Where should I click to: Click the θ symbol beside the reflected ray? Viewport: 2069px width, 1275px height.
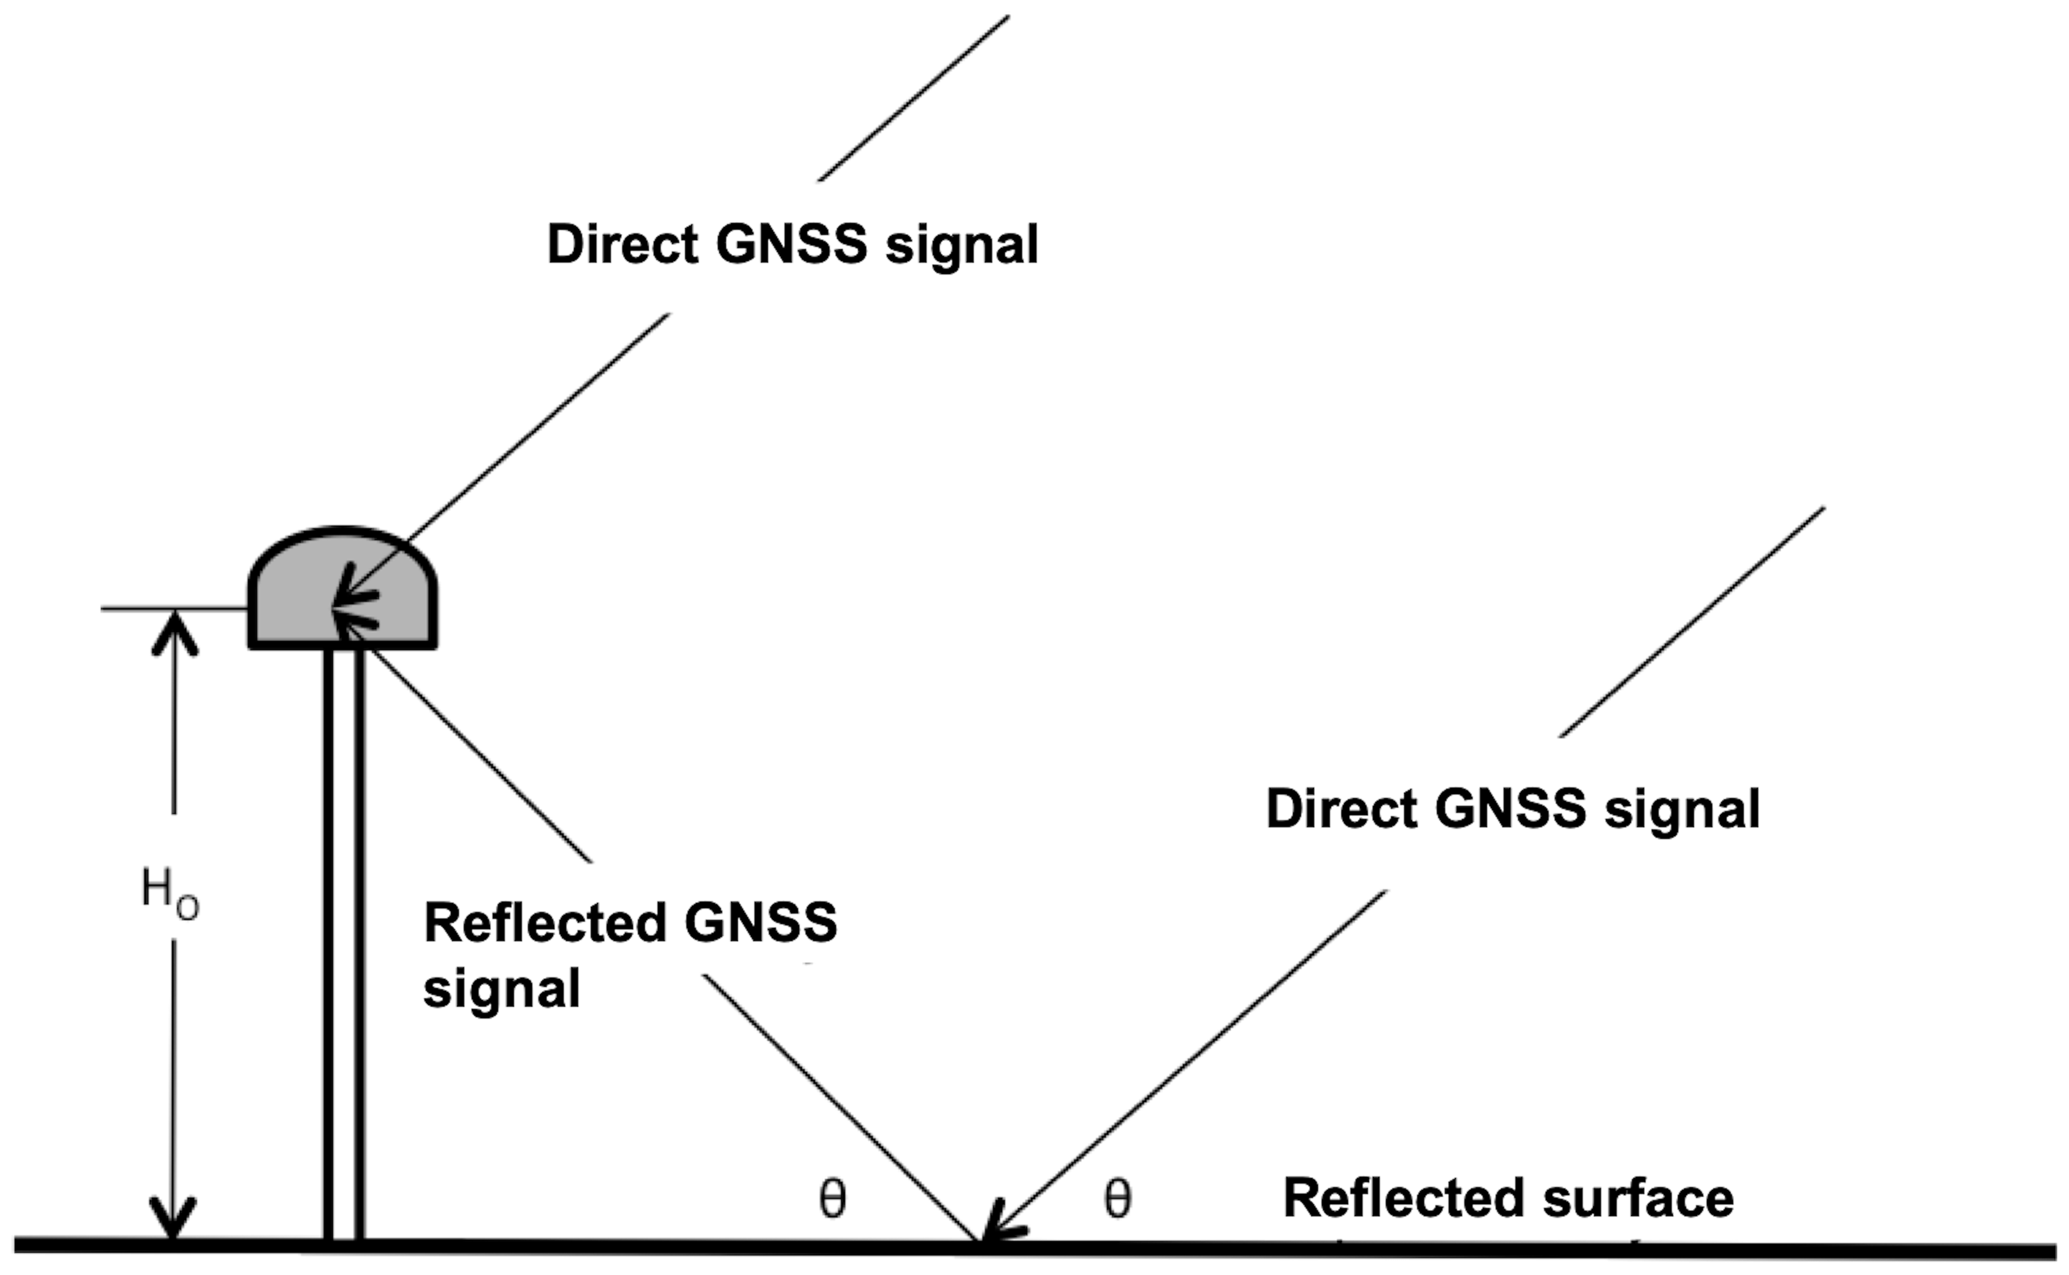(833, 1198)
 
